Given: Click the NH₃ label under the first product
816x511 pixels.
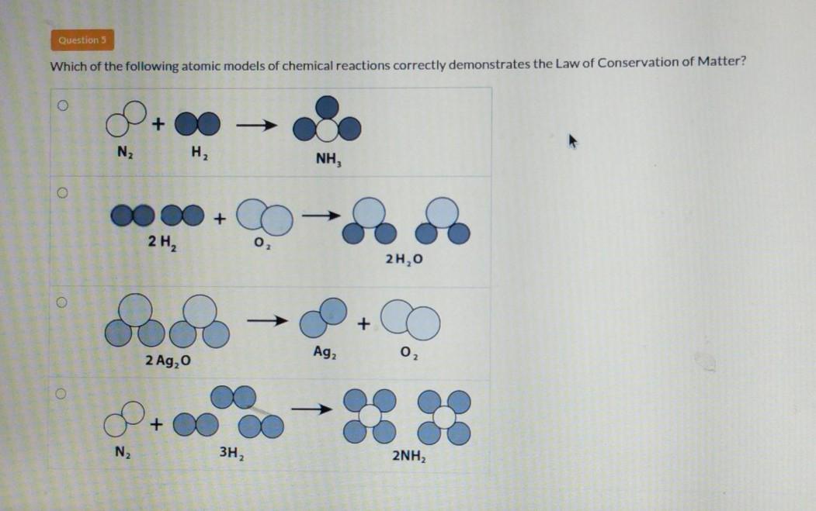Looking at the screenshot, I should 329,161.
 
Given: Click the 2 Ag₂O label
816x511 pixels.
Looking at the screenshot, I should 168,361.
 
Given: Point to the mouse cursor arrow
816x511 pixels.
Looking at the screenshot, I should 575,142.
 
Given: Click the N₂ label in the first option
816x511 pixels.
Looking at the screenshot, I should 123,151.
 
